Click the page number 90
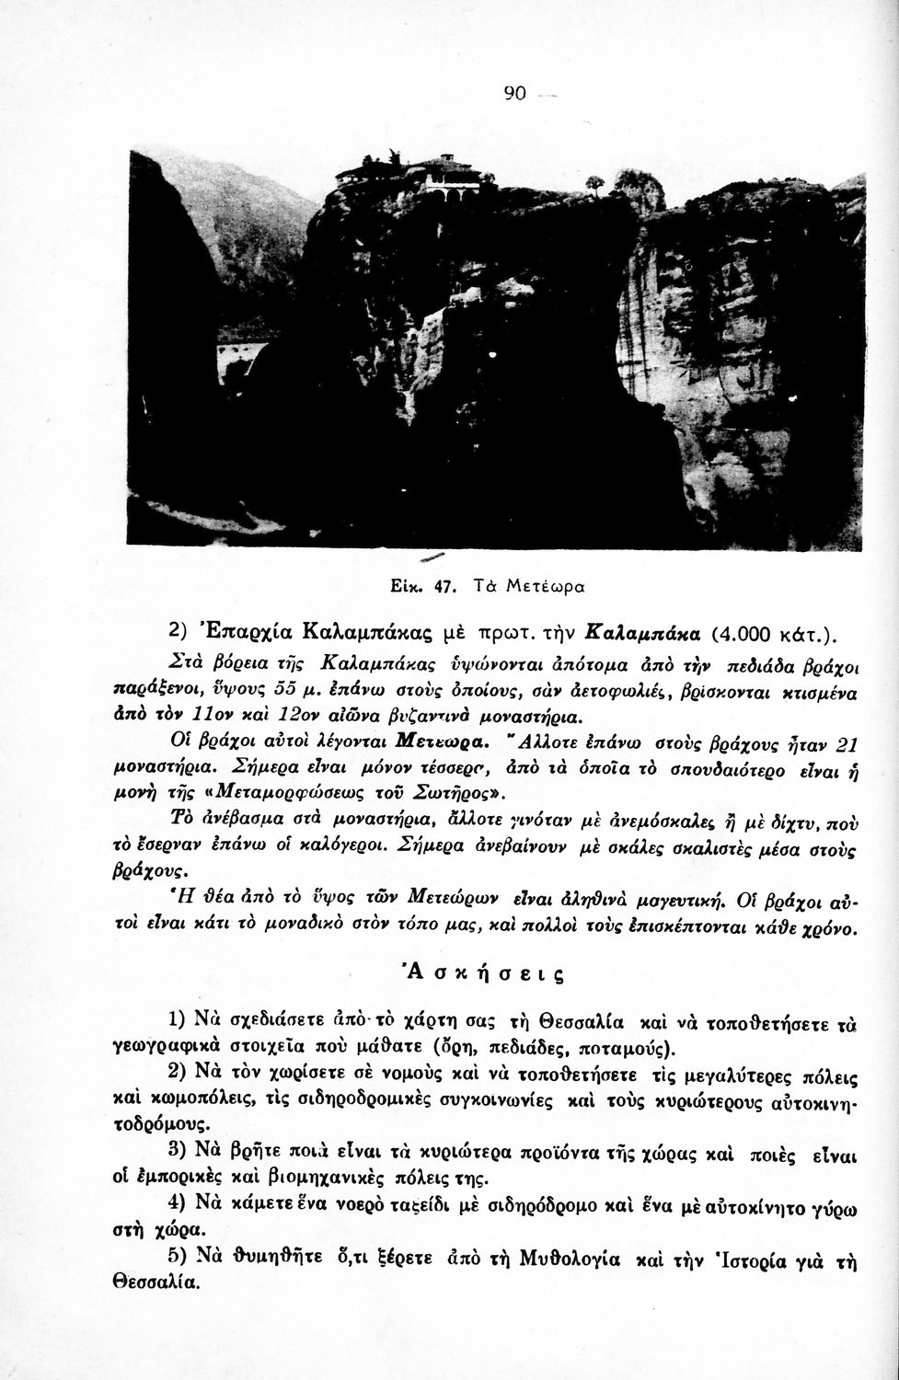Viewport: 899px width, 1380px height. pyautogui.click(x=514, y=93)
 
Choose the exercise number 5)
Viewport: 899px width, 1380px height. pyautogui.click(x=180, y=1259)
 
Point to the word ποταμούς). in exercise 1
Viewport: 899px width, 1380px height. pyautogui.click(x=636, y=1047)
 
